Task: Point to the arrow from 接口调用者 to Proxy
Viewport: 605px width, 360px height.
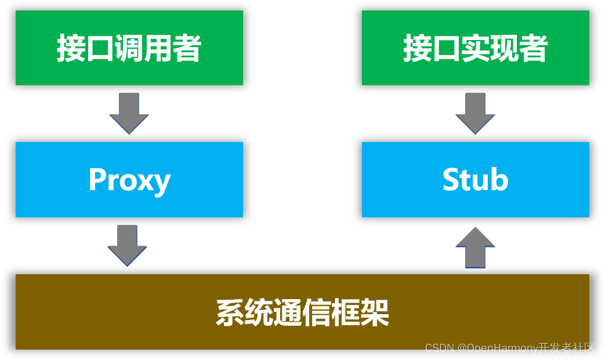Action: pos(129,113)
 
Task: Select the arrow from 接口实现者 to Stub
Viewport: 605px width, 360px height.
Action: pos(475,113)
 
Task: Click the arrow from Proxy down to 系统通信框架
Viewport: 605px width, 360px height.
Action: pos(127,245)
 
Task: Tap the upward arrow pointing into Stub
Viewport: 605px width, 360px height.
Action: pos(475,247)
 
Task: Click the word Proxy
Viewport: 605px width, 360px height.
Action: pos(129,180)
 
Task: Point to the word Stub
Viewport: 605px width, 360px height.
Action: pos(475,180)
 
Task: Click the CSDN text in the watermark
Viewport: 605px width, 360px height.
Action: pos(439,348)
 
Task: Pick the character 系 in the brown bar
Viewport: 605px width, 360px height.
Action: pos(230,314)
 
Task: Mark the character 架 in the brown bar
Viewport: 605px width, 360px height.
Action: pos(375,314)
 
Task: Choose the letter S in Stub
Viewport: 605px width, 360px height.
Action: pos(452,180)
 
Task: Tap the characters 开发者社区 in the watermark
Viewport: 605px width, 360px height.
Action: pos(567,348)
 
